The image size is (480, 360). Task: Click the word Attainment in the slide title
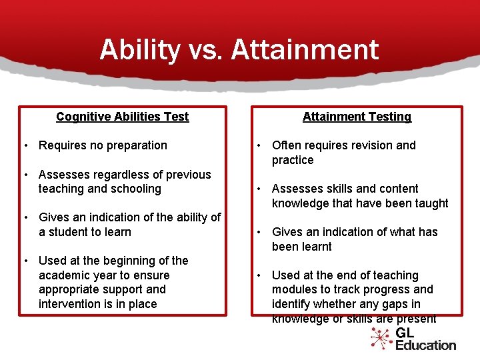pyautogui.click(x=305, y=51)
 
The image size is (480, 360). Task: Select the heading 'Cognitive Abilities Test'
pyautogui.click(x=123, y=117)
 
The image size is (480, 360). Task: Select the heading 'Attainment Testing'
pyautogui.click(x=357, y=117)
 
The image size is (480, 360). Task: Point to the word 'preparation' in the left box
pyautogui.click(x=137, y=145)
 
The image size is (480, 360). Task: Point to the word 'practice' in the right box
pyautogui.click(x=292, y=160)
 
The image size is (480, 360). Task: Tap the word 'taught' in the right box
pyautogui.click(x=431, y=203)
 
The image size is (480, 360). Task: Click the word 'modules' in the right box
pyautogui.click(x=293, y=289)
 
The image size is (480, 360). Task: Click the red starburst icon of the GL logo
pyautogui.click(x=381, y=338)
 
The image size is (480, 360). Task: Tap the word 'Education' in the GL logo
pyautogui.click(x=425, y=345)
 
